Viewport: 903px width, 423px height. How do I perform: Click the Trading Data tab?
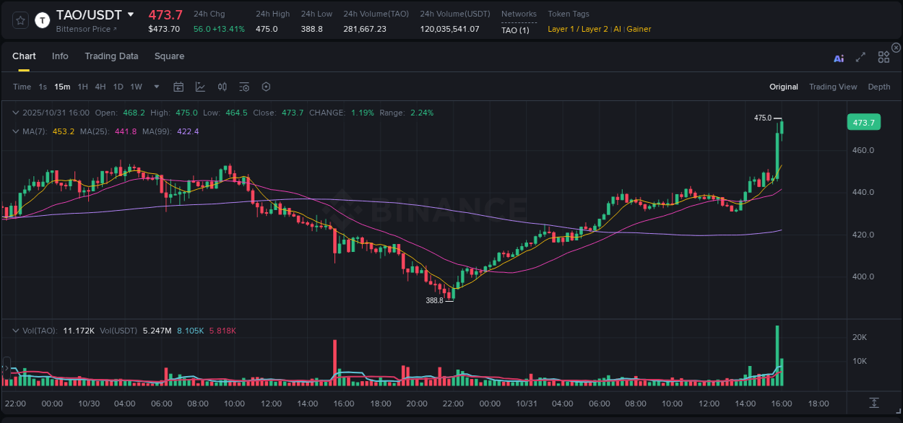111,56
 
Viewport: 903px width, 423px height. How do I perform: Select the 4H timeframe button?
100,87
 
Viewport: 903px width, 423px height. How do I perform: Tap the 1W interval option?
136,87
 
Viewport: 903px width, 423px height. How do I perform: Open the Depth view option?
878,87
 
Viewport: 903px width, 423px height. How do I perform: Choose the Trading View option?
832,87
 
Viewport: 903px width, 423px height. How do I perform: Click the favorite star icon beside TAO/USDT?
20,20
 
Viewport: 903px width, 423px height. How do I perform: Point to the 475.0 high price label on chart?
762,118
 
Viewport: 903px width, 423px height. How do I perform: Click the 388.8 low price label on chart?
434,300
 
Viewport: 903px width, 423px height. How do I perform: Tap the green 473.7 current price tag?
863,123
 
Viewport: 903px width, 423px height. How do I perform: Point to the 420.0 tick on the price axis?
863,235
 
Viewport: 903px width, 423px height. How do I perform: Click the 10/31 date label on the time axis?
527,404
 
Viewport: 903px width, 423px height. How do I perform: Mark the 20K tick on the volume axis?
860,337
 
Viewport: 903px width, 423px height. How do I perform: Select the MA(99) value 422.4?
187,131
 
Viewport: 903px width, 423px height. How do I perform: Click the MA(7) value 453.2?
64,131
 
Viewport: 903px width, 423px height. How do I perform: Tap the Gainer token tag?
639,29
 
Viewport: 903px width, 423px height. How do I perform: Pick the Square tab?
169,56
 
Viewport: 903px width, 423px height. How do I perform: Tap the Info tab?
60,56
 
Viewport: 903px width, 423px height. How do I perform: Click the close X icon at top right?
896,48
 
